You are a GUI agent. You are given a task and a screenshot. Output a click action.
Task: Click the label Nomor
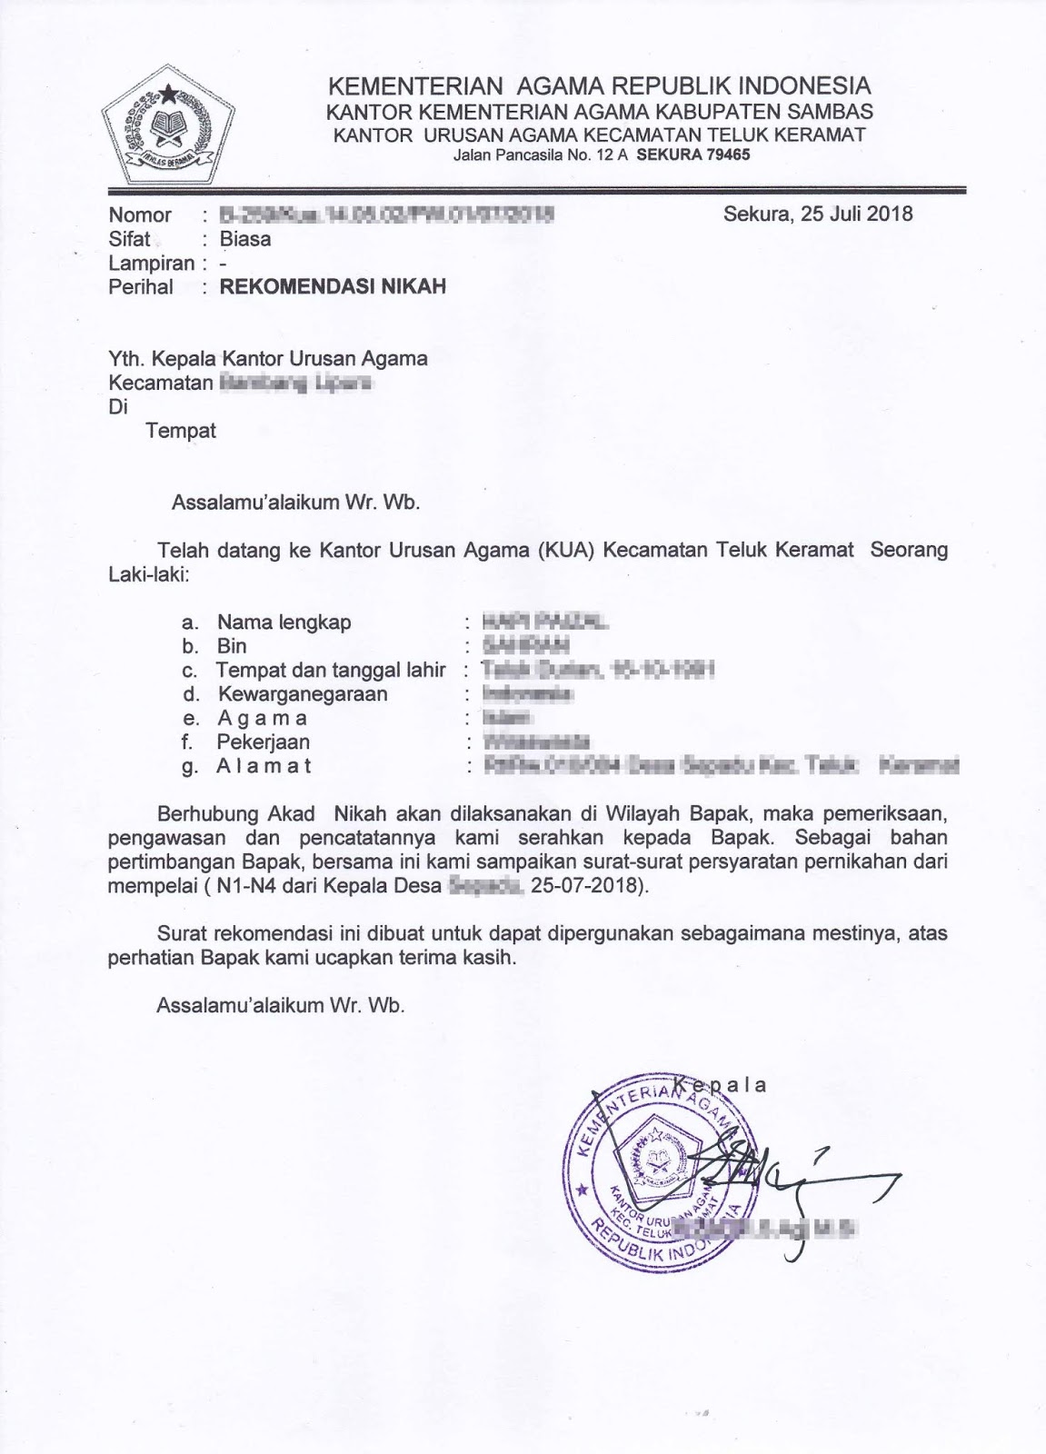(x=140, y=215)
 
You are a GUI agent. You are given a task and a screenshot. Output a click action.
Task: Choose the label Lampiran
(x=152, y=264)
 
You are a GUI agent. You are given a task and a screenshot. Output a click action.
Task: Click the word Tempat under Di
(x=181, y=431)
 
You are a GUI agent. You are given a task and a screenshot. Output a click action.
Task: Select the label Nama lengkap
(x=284, y=622)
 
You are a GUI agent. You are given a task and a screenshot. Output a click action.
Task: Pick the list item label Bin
(x=232, y=646)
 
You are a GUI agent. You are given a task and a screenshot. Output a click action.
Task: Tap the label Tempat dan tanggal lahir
(x=331, y=671)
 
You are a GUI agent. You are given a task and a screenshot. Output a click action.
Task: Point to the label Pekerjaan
(x=263, y=742)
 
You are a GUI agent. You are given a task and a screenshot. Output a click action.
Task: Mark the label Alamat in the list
(x=264, y=766)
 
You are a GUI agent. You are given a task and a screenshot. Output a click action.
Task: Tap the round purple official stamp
(x=662, y=1163)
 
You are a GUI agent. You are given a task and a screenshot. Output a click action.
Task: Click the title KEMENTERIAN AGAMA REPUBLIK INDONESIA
(x=599, y=86)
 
